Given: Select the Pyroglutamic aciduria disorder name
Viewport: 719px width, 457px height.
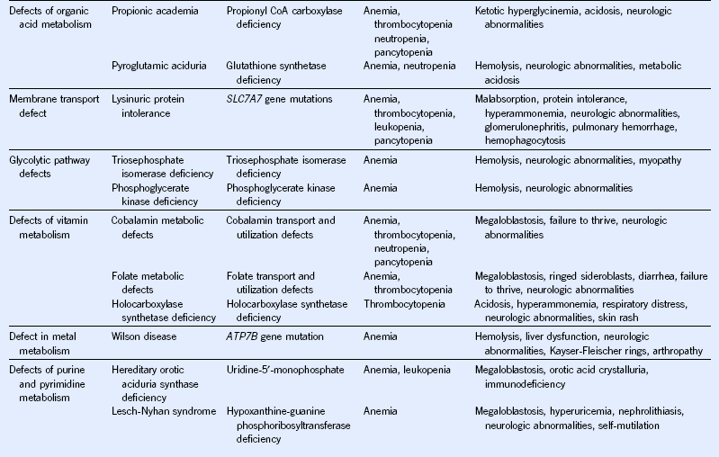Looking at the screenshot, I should (158, 67).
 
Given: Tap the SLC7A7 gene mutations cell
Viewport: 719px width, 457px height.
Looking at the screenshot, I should (280, 98).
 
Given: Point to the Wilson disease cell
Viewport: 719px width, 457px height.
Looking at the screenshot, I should (144, 336).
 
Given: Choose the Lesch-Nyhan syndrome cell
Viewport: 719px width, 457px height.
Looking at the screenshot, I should (161, 411).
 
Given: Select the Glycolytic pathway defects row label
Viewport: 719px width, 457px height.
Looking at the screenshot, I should (50, 166).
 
